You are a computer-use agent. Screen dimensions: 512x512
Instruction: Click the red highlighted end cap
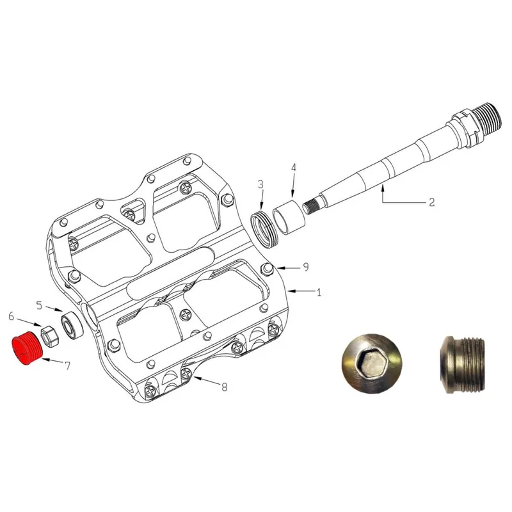point(28,349)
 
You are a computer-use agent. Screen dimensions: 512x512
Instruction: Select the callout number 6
point(12,316)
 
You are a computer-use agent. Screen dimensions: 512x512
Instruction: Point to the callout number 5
point(39,306)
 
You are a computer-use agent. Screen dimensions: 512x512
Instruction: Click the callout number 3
point(260,184)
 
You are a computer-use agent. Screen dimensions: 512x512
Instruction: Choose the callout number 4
point(293,168)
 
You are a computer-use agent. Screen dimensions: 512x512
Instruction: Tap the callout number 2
point(431,202)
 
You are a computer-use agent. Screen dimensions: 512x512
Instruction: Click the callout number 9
point(306,267)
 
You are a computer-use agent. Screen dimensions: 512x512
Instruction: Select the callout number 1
point(319,292)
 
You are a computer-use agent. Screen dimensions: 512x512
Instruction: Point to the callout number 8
point(225,387)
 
